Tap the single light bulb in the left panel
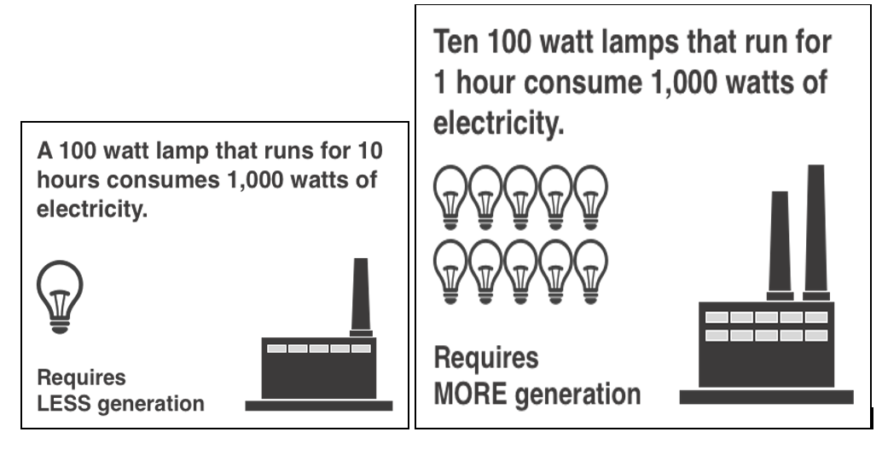(59, 295)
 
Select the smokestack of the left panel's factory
(361, 295)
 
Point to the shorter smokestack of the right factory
(780, 243)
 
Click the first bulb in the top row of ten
(452, 193)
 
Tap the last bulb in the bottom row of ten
(590, 270)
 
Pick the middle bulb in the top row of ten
(521, 193)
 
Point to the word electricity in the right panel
(498, 124)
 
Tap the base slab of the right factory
(765, 396)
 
